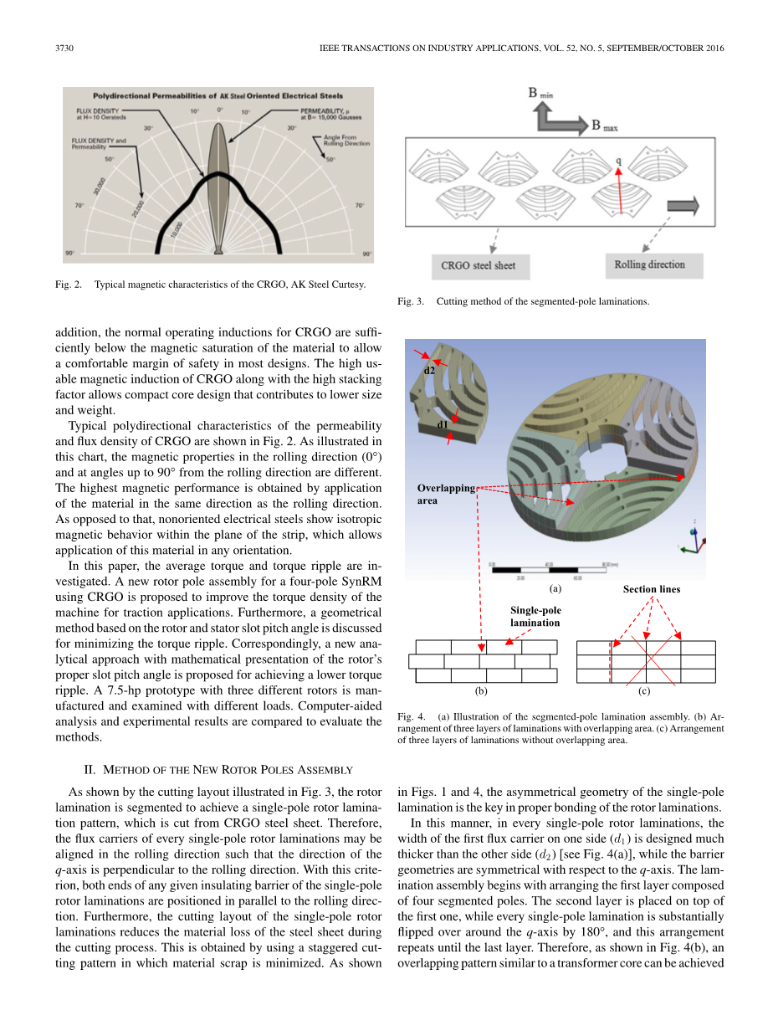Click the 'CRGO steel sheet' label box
(x=478, y=266)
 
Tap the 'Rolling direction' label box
(x=649, y=265)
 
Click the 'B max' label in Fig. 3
(x=607, y=126)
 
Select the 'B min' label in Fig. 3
(x=540, y=94)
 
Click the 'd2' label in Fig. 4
(x=429, y=368)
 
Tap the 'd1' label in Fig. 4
(x=443, y=425)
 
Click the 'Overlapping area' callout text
(x=446, y=494)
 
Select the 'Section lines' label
(x=651, y=589)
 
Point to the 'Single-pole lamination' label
(x=535, y=616)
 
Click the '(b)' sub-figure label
(x=481, y=691)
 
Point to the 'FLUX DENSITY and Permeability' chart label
(x=99, y=143)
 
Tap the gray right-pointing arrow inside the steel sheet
(x=683, y=207)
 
